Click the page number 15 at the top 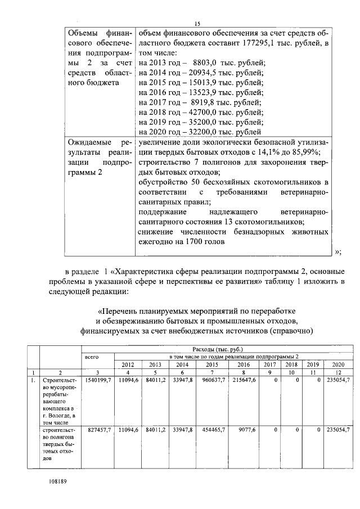click(197, 23)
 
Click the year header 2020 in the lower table click(337, 364)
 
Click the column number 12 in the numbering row click(337, 372)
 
